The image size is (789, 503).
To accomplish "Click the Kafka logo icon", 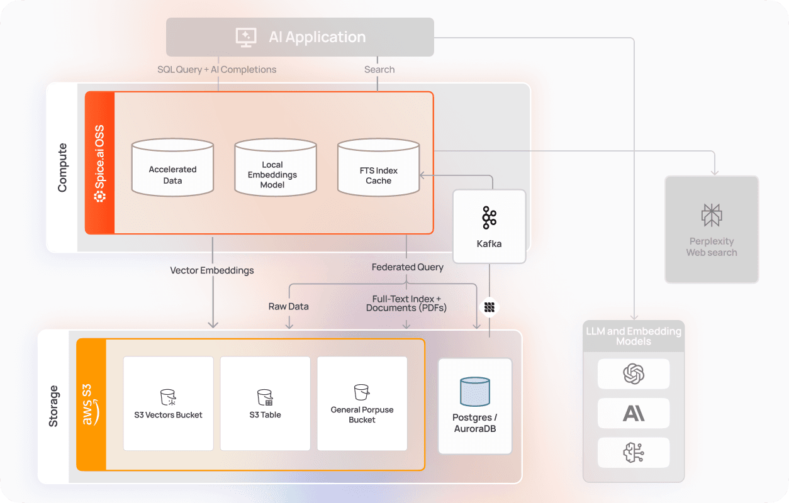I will click(x=489, y=218).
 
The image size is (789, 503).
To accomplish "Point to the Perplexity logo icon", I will click(x=712, y=215).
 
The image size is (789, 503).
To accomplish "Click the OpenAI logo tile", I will click(x=633, y=374).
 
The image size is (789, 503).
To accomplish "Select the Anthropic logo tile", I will click(x=633, y=413).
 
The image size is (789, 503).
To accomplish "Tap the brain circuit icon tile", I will click(x=633, y=452).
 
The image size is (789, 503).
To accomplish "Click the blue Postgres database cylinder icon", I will click(x=475, y=391).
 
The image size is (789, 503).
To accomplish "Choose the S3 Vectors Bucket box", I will click(x=168, y=403).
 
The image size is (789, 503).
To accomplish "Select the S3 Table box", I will click(x=265, y=403).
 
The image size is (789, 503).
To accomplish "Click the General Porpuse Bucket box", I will click(x=362, y=403).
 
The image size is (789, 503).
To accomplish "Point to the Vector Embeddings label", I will click(x=212, y=270).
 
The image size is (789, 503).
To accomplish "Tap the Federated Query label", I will click(x=407, y=267).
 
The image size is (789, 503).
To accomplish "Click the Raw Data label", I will click(x=288, y=307).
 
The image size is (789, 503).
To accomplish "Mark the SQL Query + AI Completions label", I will click(x=216, y=70).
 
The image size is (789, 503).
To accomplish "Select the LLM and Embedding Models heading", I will click(x=633, y=336).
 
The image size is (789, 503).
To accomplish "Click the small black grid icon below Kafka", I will click(x=489, y=307).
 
